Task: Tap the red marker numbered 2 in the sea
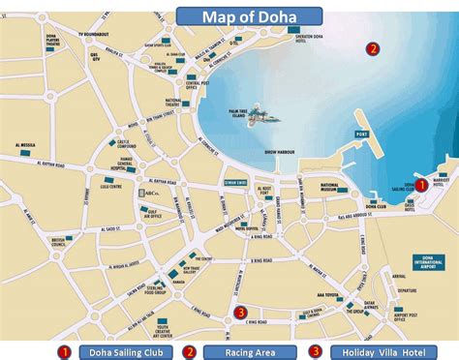click(372, 48)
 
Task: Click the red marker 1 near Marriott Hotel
click(420, 184)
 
